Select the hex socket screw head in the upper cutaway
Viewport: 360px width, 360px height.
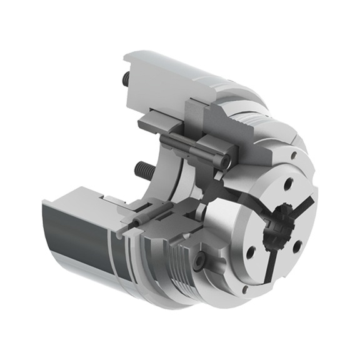(222, 161)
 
